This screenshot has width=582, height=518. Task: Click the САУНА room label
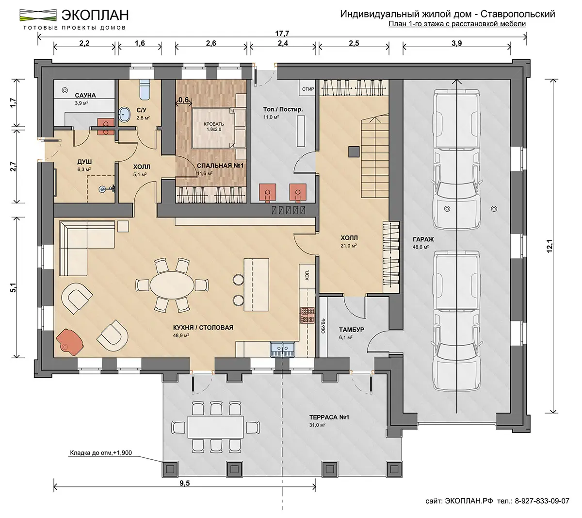coord(85,95)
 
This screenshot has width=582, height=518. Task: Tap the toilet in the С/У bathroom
coord(144,89)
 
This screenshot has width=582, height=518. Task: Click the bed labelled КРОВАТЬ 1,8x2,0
coord(218,128)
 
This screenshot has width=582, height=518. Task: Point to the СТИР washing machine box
coord(307,89)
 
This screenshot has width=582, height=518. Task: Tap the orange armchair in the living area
coord(70,341)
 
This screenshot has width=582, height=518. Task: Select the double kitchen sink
coord(283,350)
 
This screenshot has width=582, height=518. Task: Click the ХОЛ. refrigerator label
coord(307,276)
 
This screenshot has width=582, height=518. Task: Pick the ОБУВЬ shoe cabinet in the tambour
coord(323,328)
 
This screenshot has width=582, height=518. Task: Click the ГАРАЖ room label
coord(423,239)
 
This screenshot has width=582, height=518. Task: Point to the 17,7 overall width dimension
coord(282,33)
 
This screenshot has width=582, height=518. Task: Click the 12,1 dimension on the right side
coord(550,246)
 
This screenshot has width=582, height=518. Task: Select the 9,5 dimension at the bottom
coord(185,483)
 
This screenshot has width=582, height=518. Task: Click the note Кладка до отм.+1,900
coord(101,453)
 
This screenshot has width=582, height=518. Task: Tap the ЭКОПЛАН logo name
coord(95,15)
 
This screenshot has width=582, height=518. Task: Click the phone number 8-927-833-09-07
coord(542,501)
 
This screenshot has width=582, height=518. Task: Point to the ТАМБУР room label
coord(351,330)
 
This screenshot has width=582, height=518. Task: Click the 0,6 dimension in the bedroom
coord(183,100)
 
